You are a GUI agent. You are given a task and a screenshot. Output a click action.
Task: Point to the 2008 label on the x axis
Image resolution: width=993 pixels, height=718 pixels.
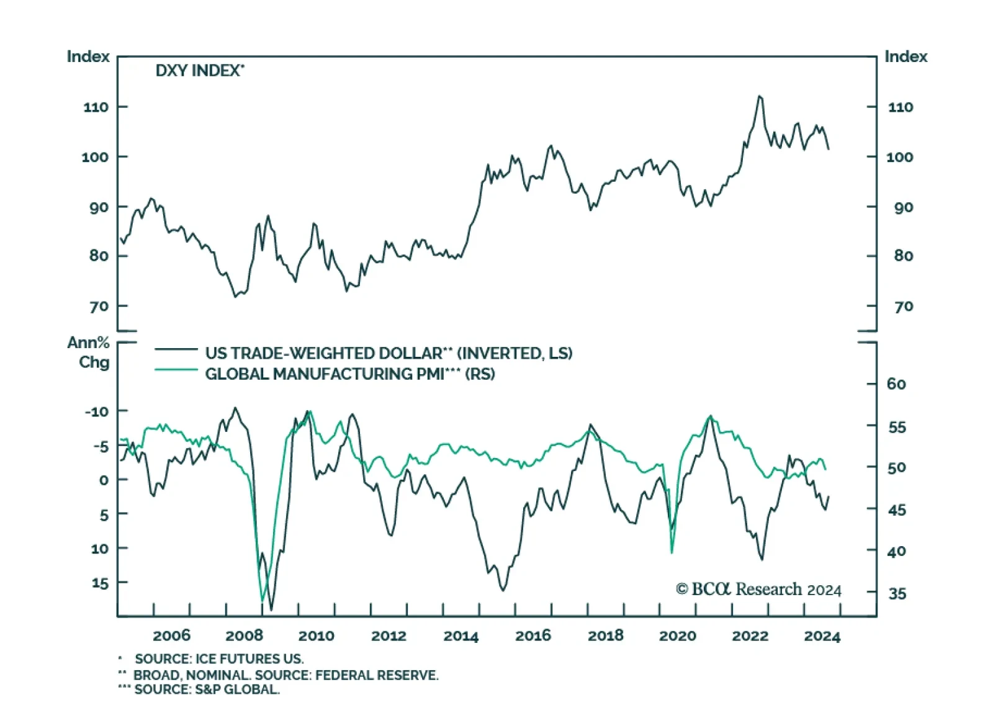click(x=244, y=635)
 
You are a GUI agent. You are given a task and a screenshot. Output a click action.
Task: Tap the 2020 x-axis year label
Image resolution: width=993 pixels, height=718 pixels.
click(x=677, y=635)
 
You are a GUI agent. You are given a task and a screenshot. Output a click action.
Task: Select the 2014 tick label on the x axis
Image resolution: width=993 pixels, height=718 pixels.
click(x=461, y=635)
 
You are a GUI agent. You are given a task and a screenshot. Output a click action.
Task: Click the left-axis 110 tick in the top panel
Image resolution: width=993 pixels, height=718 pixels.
click(x=96, y=107)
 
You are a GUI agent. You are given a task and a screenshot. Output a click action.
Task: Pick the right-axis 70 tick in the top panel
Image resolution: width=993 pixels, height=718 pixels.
click(x=904, y=307)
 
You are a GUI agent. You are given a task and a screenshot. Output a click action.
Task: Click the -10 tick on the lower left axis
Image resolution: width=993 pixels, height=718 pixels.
click(x=96, y=411)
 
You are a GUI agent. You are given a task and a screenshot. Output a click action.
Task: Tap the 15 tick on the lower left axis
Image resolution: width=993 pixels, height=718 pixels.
click(x=100, y=583)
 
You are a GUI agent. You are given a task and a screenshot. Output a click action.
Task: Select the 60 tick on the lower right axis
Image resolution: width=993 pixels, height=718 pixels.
click(x=896, y=384)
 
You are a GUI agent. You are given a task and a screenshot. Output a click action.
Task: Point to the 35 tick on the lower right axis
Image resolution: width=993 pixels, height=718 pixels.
click(x=897, y=594)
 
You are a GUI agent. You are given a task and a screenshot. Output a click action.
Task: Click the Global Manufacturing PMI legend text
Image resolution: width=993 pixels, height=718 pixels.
click(x=349, y=374)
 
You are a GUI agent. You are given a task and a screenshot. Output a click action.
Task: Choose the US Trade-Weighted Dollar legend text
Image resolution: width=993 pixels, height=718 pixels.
click(x=389, y=353)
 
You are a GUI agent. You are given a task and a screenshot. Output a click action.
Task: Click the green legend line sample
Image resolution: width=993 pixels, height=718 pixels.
click(x=176, y=370)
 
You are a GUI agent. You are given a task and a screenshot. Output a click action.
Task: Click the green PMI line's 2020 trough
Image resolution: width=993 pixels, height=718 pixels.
click(x=672, y=552)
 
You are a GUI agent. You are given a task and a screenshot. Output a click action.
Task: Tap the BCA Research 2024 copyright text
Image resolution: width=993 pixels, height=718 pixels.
click(x=758, y=589)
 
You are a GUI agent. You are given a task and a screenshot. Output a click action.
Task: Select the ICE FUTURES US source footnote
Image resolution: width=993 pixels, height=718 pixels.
click(x=218, y=659)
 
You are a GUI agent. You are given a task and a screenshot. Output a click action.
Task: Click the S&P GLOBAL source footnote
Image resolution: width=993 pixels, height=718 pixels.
click(x=207, y=689)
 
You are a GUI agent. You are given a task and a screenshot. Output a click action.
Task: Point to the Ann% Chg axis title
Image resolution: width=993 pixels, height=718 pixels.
click(x=88, y=352)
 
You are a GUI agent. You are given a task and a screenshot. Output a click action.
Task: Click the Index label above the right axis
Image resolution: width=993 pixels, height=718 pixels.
click(x=905, y=56)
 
